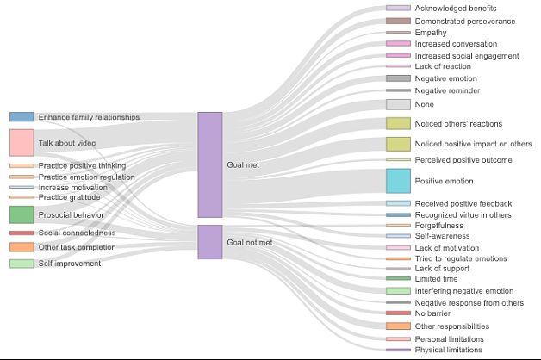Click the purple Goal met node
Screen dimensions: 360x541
tap(209, 164)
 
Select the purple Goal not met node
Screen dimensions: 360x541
tap(209, 242)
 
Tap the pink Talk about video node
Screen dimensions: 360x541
tap(22, 142)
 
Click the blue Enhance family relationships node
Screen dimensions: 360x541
tap(22, 116)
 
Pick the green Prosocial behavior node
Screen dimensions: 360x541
tap(22, 214)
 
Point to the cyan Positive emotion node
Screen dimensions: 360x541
tap(398, 181)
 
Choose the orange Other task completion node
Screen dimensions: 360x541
tap(22, 247)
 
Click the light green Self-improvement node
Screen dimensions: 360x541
tap(22, 264)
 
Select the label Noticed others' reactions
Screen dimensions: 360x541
tap(458, 123)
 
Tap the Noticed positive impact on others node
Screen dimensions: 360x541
tap(398, 144)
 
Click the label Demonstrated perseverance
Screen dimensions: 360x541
tap(465, 21)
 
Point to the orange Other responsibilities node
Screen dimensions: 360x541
tap(398, 326)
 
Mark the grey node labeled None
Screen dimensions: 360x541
tap(398, 104)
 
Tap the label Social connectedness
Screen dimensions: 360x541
tap(77, 233)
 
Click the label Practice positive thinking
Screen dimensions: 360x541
tap(82, 165)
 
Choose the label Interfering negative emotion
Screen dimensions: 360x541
tap(463, 291)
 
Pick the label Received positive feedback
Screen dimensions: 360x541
tap(463, 203)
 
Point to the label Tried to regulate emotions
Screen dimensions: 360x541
tap(461, 258)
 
